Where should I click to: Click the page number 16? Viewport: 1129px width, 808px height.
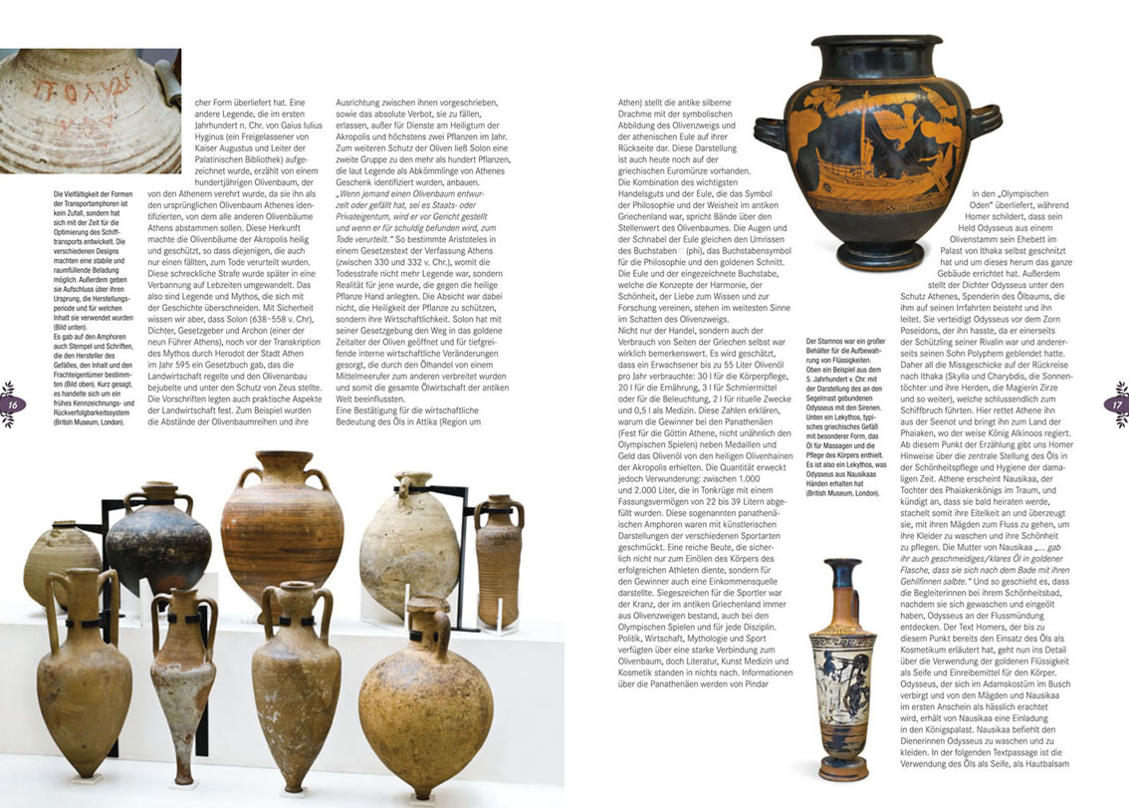[x=14, y=404]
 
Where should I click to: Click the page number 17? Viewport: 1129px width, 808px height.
[x=1114, y=404]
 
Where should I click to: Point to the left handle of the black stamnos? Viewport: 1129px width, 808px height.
[x=773, y=135]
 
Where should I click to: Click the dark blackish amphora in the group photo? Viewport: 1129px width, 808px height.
[x=159, y=538]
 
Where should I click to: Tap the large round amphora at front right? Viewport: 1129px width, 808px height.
[x=424, y=697]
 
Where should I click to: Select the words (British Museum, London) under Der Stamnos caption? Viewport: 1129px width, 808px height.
[x=842, y=492]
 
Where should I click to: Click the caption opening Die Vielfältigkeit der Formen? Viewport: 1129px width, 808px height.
[x=95, y=194]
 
